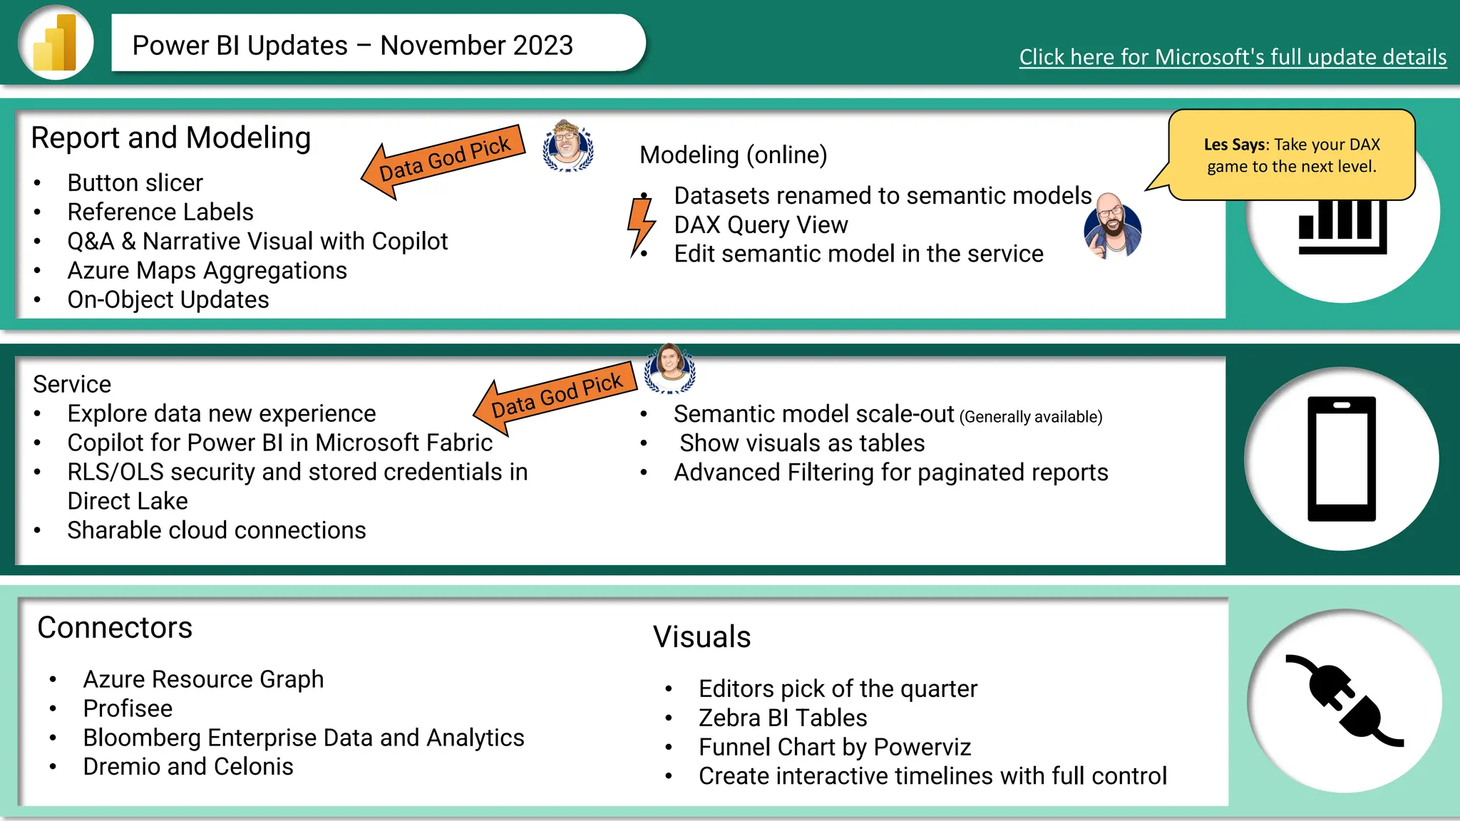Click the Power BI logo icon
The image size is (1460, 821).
point(56,43)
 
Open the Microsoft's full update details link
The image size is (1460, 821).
point(1233,57)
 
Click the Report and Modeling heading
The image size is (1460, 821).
point(171,138)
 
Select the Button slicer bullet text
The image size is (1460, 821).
point(135,183)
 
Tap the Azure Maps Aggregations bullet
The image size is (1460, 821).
point(207,271)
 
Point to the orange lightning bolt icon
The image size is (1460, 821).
point(640,225)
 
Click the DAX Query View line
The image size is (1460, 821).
point(761,225)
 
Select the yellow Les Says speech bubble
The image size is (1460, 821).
point(1291,155)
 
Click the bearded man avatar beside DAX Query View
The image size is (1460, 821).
point(1112,227)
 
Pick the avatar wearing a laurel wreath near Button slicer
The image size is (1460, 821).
point(567,146)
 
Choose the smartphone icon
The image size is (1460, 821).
point(1341,459)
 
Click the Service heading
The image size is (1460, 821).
point(72,385)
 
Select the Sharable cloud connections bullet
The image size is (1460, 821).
point(216,531)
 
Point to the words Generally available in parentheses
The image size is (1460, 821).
point(1031,417)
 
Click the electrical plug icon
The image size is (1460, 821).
point(1344,701)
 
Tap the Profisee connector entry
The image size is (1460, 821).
point(128,709)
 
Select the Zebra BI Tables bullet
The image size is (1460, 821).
point(783,718)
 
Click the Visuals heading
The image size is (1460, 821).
point(701,637)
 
